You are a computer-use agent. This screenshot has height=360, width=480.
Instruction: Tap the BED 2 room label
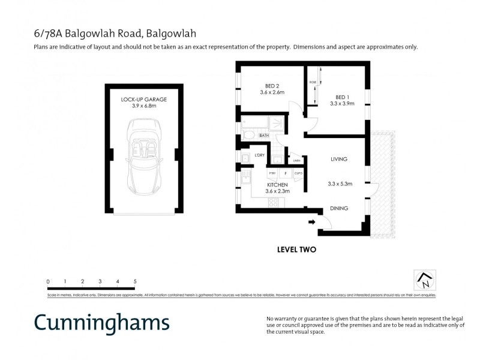click(263, 85)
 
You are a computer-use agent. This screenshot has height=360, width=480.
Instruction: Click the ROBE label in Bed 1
click(313, 82)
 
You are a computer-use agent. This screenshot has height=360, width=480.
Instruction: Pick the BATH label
click(264, 136)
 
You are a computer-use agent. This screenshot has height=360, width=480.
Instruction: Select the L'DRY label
click(260, 156)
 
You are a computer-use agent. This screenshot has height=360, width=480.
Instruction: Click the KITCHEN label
click(278, 185)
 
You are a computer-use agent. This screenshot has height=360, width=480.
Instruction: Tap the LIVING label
click(339, 159)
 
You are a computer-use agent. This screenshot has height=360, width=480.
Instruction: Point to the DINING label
click(339, 209)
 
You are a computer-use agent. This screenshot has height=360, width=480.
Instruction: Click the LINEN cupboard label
click(296, 161)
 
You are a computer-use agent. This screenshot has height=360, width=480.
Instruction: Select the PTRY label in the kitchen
click(272, 173)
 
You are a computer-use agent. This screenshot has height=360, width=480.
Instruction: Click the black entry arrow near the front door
click(311, 223)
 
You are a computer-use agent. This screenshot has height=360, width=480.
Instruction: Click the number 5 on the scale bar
click(135, 281)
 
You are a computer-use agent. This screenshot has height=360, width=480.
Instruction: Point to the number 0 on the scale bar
click(48, 281)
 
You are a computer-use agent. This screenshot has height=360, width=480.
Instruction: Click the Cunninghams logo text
click(101, 322)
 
